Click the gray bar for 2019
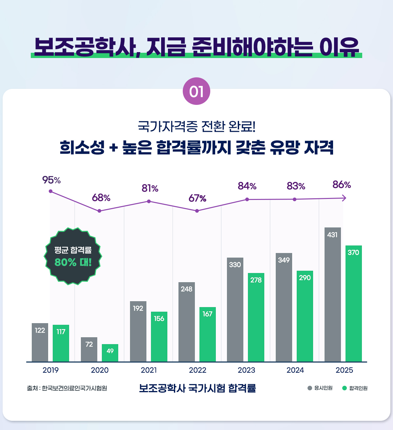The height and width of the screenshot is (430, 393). pyautogui.click(x=40, y=342)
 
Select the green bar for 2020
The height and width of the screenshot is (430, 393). pyautogui.click(x=110, y=353)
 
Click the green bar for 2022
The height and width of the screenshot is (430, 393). pyautogui.click(x=208, y=334)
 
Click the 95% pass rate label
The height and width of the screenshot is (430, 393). pyautogui.click(x=51, y=180)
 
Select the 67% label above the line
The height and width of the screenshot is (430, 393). pyautogui.click(x=197, y=199)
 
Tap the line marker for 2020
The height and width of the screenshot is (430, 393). pyautogui.click(x=100, y=211)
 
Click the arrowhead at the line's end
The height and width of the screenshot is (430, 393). pyautogui.click(x=344, y=198)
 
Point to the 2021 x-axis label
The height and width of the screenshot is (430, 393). pyautogui.click(x=149, y=370)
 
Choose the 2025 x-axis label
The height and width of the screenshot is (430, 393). pyautogui.click(x=344, y=370)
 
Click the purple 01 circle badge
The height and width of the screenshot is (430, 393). pyautogui.click(x=196, y=91)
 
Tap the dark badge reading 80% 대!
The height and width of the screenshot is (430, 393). pyautogui.click(x=73, y=256)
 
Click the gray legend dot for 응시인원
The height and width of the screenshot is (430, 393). pyautogui.click(x=310, y=388)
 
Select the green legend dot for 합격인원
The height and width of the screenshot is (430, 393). pyautogui.click(x=345, y=388)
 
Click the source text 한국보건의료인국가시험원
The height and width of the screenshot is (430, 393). pyautogui.click(x=74, y=388)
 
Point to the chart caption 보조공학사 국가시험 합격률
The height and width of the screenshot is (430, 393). pyautogui.click(x=197, y=388)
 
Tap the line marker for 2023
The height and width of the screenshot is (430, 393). pyautogui.click(x=247, y=199)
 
